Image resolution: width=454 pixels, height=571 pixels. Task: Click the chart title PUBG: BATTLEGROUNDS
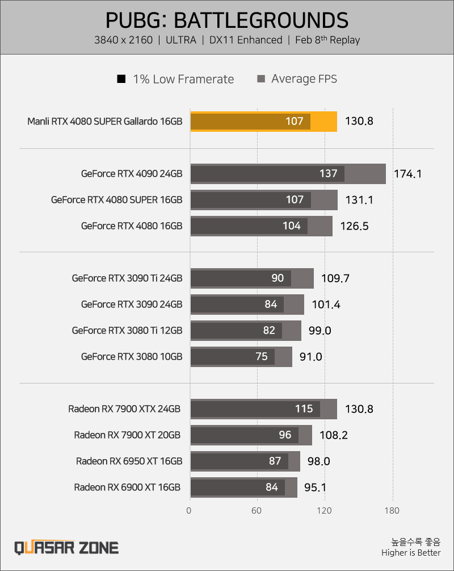point(227,20)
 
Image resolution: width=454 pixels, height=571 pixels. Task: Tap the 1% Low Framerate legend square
point(121,78)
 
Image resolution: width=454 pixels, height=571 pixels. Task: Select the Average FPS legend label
point(304,79)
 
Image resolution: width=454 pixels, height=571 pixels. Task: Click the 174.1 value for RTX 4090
point(408,174)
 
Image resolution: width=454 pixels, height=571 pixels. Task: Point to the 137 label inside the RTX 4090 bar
point(329,173)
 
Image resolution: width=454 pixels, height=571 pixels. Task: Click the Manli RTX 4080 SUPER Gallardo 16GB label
point(105,121)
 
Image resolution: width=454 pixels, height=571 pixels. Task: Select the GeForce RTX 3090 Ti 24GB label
point(127,278)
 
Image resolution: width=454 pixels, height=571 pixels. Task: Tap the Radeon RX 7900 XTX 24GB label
point(124,409)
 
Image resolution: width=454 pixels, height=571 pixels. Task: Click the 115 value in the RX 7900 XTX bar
point(304,409)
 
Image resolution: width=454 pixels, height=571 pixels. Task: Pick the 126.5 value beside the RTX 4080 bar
point(354,226)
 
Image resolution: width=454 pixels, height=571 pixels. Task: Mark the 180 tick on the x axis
point(392,511)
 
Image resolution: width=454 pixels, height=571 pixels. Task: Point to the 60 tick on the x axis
point(257,511)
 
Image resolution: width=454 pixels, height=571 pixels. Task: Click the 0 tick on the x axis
point(189,511)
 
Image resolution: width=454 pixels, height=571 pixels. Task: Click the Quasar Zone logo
point(66,548)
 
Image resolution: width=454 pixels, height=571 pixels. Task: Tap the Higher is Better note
point(411,553)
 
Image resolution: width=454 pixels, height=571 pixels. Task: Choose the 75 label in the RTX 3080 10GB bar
point(262,356)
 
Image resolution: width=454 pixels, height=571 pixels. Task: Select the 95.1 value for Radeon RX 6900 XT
point(315,487)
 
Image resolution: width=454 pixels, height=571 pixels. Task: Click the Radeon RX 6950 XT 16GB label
point(129,461)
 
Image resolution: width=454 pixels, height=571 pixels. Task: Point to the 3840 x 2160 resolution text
point(123,40)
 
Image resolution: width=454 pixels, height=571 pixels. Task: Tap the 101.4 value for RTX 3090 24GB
point(326,305)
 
